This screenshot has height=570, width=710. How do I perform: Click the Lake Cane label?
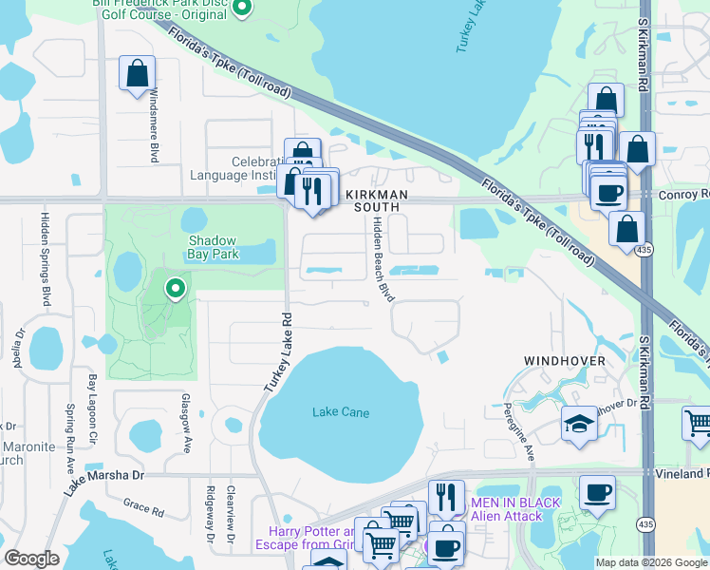(x=340, y=412)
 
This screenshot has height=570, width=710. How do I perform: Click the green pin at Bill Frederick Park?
(x=241, y=9)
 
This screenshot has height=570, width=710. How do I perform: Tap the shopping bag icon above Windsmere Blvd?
(x=137, y=74)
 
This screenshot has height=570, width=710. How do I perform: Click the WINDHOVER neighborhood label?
(x=565, y=362)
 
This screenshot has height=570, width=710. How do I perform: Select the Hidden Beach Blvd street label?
(x=383, y=258)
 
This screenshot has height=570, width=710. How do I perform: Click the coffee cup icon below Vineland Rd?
(x=597, y=494)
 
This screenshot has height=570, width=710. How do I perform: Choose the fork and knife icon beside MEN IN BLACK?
(x=444, y=496)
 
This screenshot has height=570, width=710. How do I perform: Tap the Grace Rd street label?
(x=143, y=508)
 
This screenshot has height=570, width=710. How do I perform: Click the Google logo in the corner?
(x=31, y=559)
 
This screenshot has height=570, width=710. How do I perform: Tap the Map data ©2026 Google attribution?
(x=650, y=562)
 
